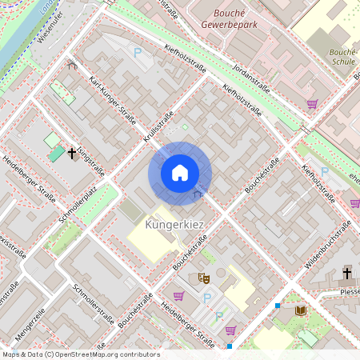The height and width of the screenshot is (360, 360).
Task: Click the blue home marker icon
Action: tap(180, 173)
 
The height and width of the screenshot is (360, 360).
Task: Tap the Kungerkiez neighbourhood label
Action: tap(175, 226)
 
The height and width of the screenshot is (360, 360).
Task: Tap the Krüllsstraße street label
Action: tap(154, 129)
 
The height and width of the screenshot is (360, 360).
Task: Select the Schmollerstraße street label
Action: tap(94, 302)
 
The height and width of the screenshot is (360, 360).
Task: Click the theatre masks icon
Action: tap(203, 278)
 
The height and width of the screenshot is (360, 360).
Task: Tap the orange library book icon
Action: tap(301, 310)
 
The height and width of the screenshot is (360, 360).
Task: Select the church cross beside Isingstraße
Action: tap(71, 152)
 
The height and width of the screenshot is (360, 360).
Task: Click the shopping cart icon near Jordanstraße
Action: tap(312, 103)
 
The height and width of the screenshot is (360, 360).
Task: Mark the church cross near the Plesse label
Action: tap(347, 274)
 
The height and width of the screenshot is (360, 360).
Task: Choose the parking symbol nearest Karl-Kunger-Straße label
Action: tap(138, 52)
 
